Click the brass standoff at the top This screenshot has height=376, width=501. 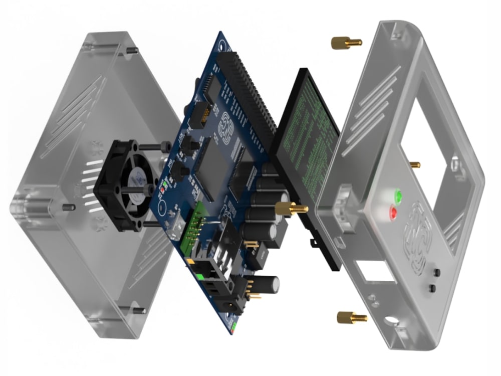tap(346, 43)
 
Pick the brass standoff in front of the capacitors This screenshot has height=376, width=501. tap(290, 208)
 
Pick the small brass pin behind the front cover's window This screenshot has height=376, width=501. tap(415, 164)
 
